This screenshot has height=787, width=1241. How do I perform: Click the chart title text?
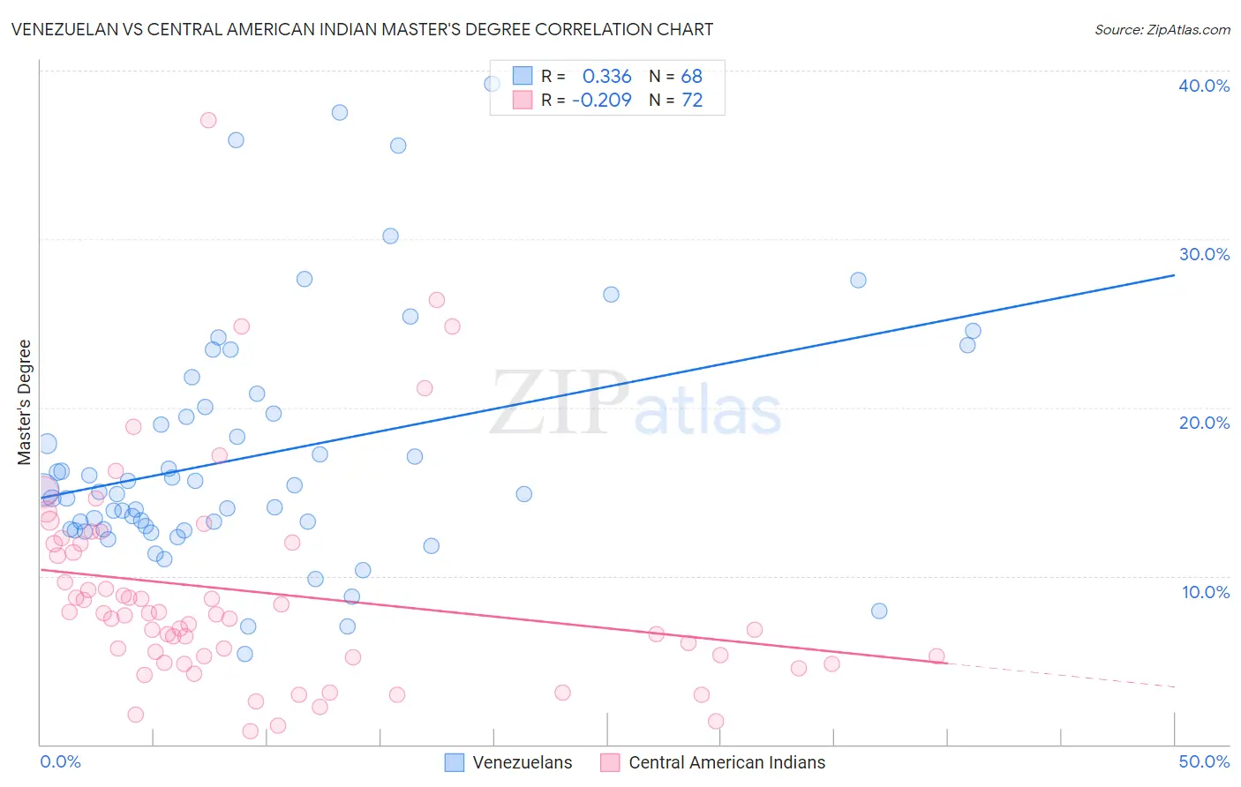[362, 29]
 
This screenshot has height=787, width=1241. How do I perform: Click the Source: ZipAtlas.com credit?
[1162, 29]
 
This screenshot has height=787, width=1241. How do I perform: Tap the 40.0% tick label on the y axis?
[1204, 86]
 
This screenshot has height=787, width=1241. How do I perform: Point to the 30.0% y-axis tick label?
[1204, 254]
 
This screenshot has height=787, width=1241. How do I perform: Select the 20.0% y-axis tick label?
[1204, 423]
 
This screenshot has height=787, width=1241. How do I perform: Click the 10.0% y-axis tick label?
[1204, 592]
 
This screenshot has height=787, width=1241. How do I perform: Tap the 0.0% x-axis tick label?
[60, 761]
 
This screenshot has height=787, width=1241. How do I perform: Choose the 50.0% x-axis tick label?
[1204, 761]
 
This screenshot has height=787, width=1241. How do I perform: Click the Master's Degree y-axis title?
[25, 402]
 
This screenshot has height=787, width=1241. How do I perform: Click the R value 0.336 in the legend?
[606, 77]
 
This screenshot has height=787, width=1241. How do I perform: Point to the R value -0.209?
[602, 100]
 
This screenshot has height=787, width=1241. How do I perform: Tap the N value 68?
[691, 77]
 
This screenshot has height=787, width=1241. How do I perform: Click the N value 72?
[691, 100]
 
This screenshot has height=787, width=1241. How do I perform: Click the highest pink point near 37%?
[208, 120]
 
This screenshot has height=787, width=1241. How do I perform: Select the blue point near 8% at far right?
[879, 611]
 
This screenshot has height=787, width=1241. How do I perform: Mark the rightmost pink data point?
[936, 656]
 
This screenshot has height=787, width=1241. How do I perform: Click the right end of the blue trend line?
[1174, 275]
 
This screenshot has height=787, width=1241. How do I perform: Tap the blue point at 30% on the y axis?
[390, 236]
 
